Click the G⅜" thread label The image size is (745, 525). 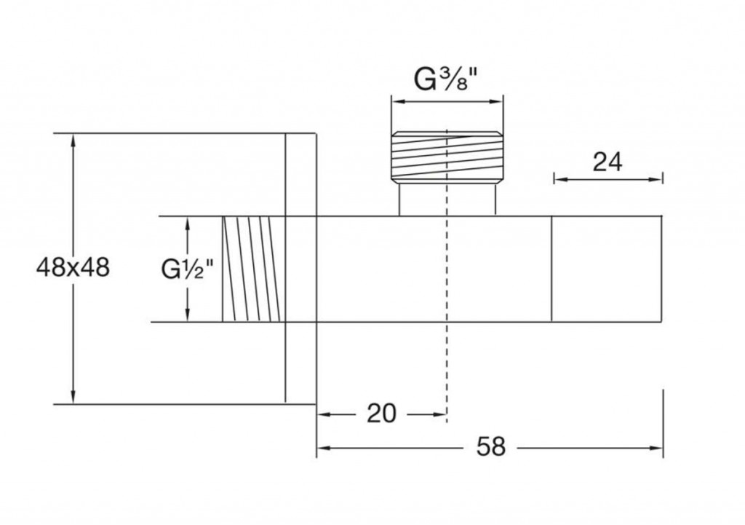tap(446, 79)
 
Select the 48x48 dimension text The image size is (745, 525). tap(73, 267)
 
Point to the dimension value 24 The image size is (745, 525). tap(607, 162)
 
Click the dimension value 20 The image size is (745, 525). tap(381, 414)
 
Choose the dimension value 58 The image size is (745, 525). tap(491, 446)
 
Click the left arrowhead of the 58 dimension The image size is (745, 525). tap(322, 447)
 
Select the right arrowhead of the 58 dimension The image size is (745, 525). tap(658, 447)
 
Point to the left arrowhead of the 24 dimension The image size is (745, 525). tap(559, 178)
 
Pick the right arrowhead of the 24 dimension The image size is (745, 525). tap(658, 178)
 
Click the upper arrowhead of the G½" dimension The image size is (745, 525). tap(188, 222)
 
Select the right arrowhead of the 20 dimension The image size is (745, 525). tap(441, 414)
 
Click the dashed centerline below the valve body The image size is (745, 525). tap(446, 371)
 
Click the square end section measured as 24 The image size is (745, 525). tap(607, 269)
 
